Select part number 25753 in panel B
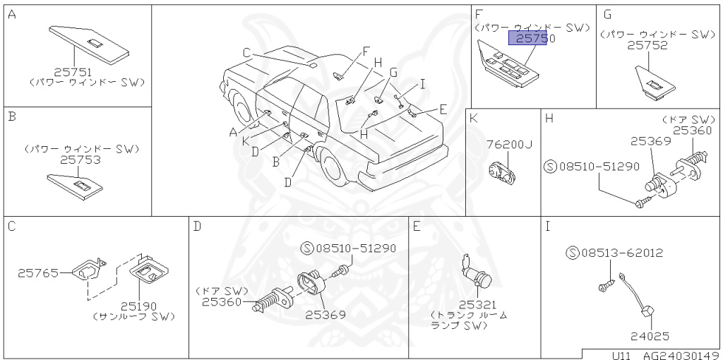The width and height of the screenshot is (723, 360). click(80, 160)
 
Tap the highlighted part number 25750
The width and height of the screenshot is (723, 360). click(532, 40)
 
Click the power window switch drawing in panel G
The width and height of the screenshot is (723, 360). click(652, 80)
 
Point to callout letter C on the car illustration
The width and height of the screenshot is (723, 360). click(246, 52)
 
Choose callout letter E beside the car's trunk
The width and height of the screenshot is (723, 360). click(443, 109)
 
